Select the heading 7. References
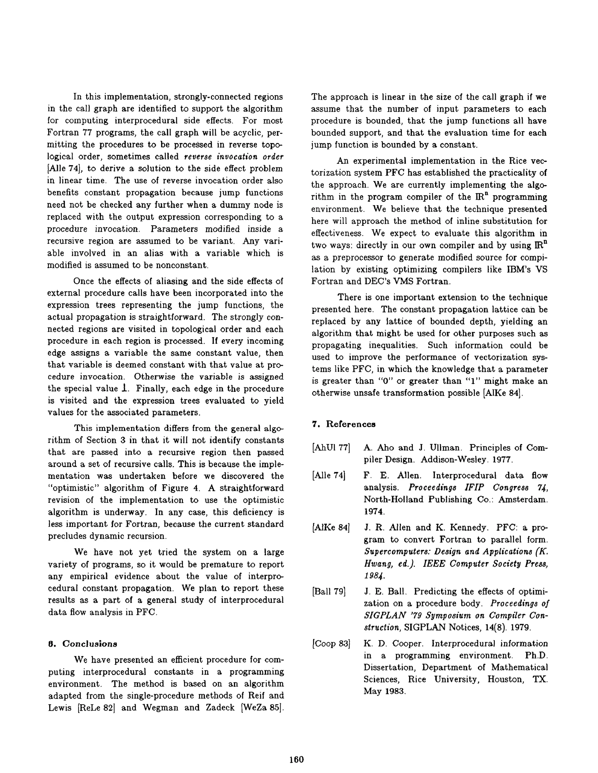pyautogui.click(x=343, y=424)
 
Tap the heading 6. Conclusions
pyautogui.click(x=83, y=643)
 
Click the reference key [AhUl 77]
pyautogui.click(x=331, y=448)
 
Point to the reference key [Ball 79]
pyautogui.click(x=329, y=591)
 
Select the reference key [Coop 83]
pyautogui.click(x=331, y=643)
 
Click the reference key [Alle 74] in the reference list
pyautogui.click(x=329, y=475)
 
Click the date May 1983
pyautogui.click(x=384, y=692)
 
